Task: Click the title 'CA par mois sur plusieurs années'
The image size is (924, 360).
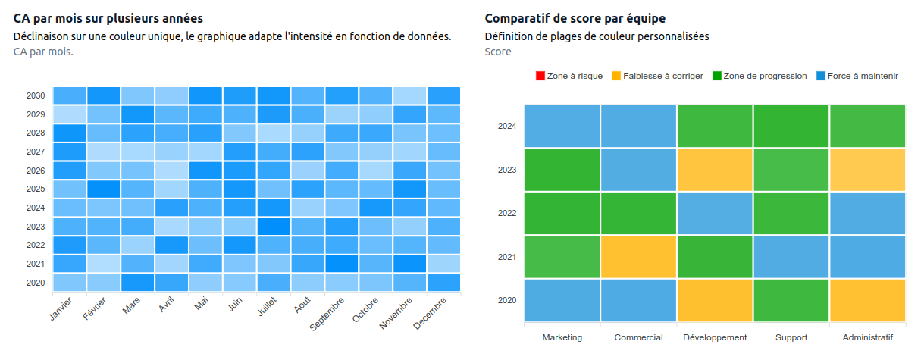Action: click(108, 18)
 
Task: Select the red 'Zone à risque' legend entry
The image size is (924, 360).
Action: click(569, 76)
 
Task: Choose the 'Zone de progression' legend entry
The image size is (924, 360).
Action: click(760, 76)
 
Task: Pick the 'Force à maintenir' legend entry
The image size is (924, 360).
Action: click(857, 76)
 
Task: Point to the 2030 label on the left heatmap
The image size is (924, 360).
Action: click(36, 96)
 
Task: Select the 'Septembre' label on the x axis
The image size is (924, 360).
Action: click(328, 317)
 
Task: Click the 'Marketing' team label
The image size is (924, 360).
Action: click(562, 337)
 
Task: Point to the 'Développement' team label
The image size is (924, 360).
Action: click(715, 337)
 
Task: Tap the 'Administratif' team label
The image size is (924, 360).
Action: click(868, 337)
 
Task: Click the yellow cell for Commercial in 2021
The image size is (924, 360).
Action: click(638, 257)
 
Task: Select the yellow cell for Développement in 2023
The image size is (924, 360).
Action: click(715, 170)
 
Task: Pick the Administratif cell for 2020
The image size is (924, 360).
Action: click(868, 300)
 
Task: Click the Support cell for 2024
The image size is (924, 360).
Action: click(791, 126)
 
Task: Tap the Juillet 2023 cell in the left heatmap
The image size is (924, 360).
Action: click(274, 227)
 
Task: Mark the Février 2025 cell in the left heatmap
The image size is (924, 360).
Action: click(103, 189)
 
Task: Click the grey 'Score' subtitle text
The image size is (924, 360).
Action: click(498, 52)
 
